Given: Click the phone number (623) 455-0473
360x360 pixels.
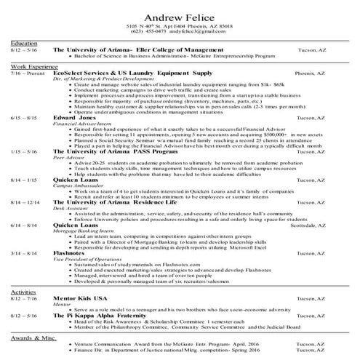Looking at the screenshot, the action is pyautogui.click(x=148, y=33).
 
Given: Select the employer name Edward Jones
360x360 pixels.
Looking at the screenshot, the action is pyautogui.click(x=74, y=117).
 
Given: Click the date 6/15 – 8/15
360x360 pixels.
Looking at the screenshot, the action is pyautogui.click(x=24, y=117).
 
